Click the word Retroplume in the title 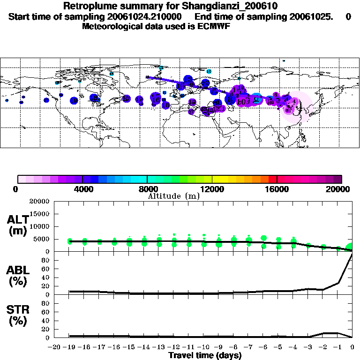tap(86, 6)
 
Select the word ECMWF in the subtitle tap(214, 26)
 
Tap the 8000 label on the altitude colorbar tap(147, 189)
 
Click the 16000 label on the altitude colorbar tap(277, 189)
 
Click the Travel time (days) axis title tap(205, 356)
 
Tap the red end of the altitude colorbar tap(273, 179)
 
